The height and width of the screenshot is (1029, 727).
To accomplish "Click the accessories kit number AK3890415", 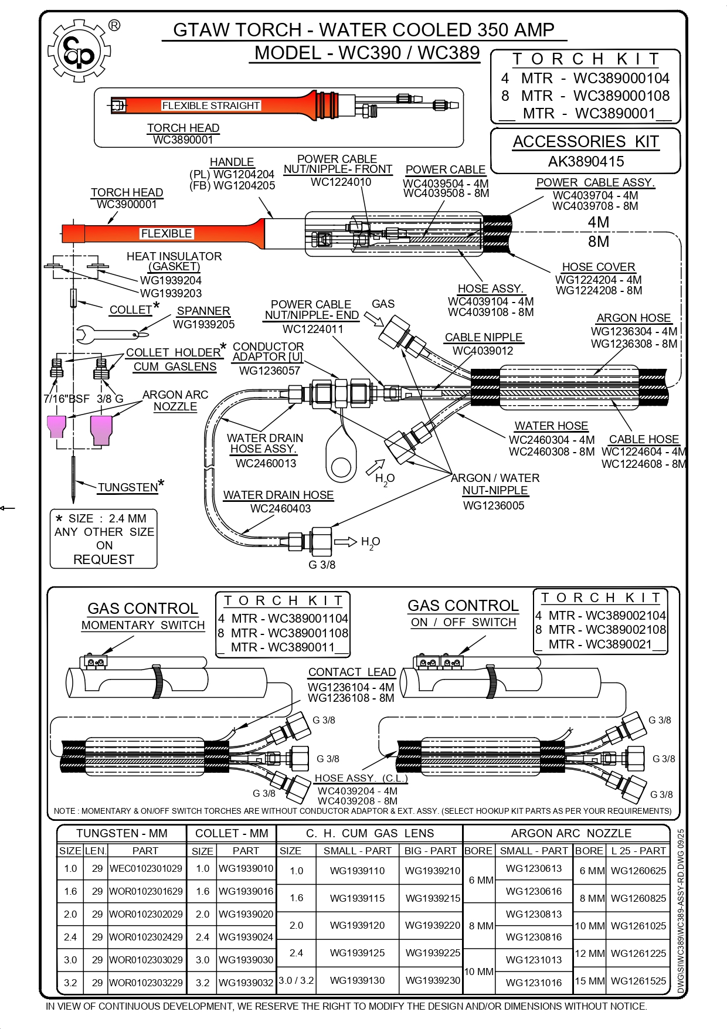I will point(586,161).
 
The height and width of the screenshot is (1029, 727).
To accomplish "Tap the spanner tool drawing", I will point(108,335).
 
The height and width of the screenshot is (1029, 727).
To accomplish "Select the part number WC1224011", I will point(312,329).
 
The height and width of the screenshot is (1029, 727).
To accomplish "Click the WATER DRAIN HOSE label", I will point(278,495).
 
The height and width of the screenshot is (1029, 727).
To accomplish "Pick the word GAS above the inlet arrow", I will point(383,304).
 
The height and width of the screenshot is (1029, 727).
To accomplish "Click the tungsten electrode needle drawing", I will point(73,478).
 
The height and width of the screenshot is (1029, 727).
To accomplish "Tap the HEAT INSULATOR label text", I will point(174,256).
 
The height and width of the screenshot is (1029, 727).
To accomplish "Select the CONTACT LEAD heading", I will point(352,672).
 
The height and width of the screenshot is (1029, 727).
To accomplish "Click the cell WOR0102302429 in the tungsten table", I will point(146,937).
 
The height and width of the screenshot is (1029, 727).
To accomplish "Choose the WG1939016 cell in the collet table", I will point(246,891).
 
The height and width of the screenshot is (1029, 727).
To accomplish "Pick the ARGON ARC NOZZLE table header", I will point(570,833).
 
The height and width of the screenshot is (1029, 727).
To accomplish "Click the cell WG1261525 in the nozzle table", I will point(638,980).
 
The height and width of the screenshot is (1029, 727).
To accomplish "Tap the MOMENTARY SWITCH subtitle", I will point(143,625).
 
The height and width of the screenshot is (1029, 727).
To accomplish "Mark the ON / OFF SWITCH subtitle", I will point(463,622).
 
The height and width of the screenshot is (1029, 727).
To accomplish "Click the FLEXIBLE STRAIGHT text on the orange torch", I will point(210,106).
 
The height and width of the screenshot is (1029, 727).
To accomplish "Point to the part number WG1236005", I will point(494,505).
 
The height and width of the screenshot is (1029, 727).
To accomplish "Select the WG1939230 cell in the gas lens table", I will point(433,980).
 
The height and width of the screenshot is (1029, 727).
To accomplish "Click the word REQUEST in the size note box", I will point(104,559).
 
